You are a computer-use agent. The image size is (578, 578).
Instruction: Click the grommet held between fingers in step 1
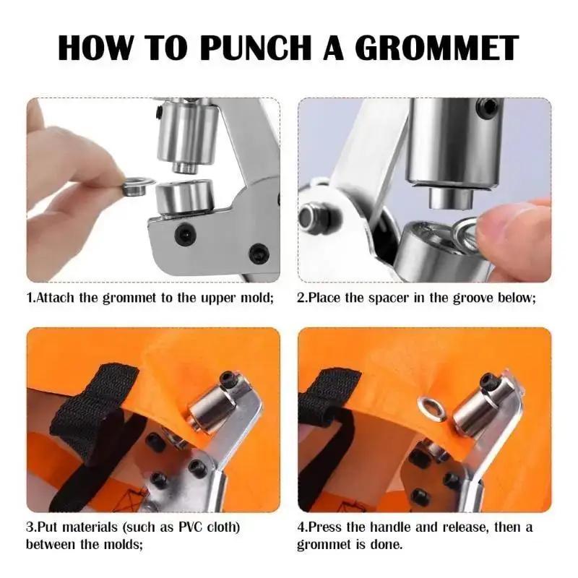pos(134,186)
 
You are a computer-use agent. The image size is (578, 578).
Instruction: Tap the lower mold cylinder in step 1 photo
pos(185,200)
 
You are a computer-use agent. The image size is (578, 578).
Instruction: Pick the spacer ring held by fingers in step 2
pos(467,230)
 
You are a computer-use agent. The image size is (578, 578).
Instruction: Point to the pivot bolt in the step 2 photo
pos(310,219)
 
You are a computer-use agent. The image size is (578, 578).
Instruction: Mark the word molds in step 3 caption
pos(122,544)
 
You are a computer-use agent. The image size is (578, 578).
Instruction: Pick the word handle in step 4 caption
pos(390,527)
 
